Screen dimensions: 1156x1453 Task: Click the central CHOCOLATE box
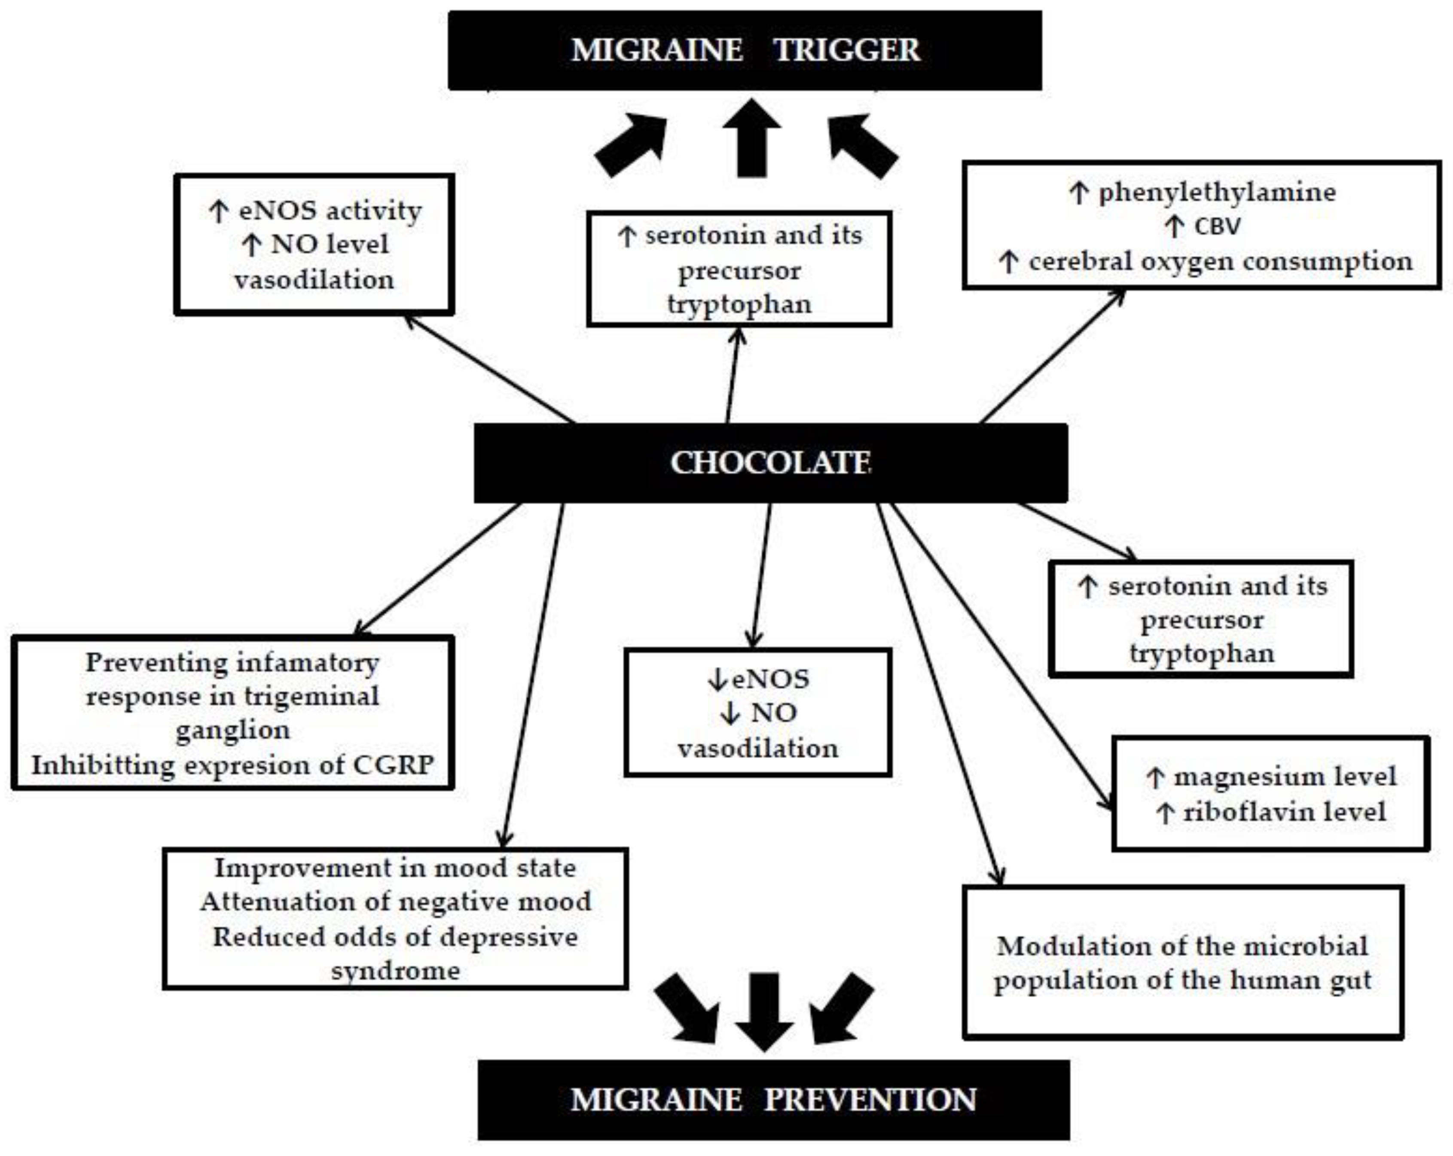[x=770, y=463]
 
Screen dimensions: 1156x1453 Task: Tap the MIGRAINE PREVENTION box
[x=773, y=1100]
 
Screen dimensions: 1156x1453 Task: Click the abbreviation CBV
[x=1217, y=226]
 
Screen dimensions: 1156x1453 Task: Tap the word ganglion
[x=232, y=731]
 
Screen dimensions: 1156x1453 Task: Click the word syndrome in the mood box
[x=396, y=971]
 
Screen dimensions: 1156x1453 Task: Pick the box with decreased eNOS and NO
[x=757, y=713]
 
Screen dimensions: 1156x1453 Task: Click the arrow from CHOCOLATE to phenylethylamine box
[x=1051, y=357]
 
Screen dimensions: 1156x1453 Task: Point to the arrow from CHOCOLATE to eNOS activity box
[x=488, y=369]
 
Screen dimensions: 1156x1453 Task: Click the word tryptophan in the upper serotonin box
[x=739, y=305]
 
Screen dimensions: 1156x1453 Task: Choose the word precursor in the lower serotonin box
[x=1202, y=620]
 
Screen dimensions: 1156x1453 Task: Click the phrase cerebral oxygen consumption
[x=1220, y=262]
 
